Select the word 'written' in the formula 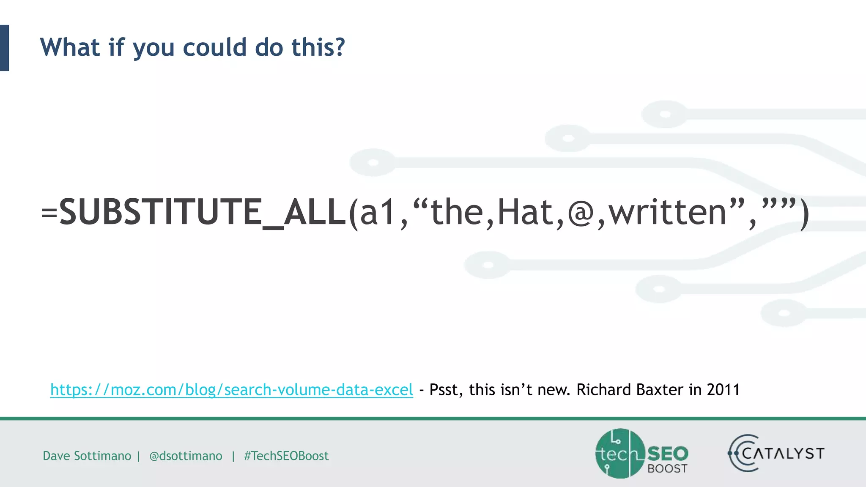pos(667,212)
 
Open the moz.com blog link pos(231,390)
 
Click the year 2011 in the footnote pos(723,390)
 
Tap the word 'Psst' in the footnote pos(443,390)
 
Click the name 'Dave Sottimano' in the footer pos(87,456)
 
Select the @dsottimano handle pos(186,456)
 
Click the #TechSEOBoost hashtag pos(286,456)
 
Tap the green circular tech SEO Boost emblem pos(620,454)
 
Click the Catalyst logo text pos(782,454)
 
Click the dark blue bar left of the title pos(4,48)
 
